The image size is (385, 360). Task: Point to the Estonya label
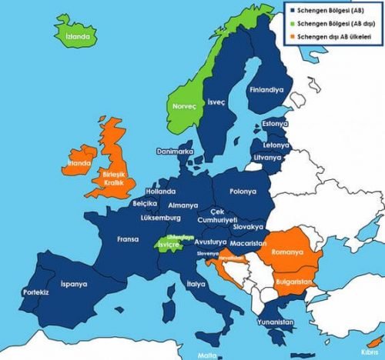[274, 123]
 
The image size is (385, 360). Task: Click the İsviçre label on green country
[169, 245]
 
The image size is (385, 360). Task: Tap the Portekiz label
[35, 293]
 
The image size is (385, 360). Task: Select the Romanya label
[292, 252]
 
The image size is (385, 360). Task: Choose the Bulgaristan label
[293, 282]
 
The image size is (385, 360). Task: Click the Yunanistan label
[274, 322]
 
